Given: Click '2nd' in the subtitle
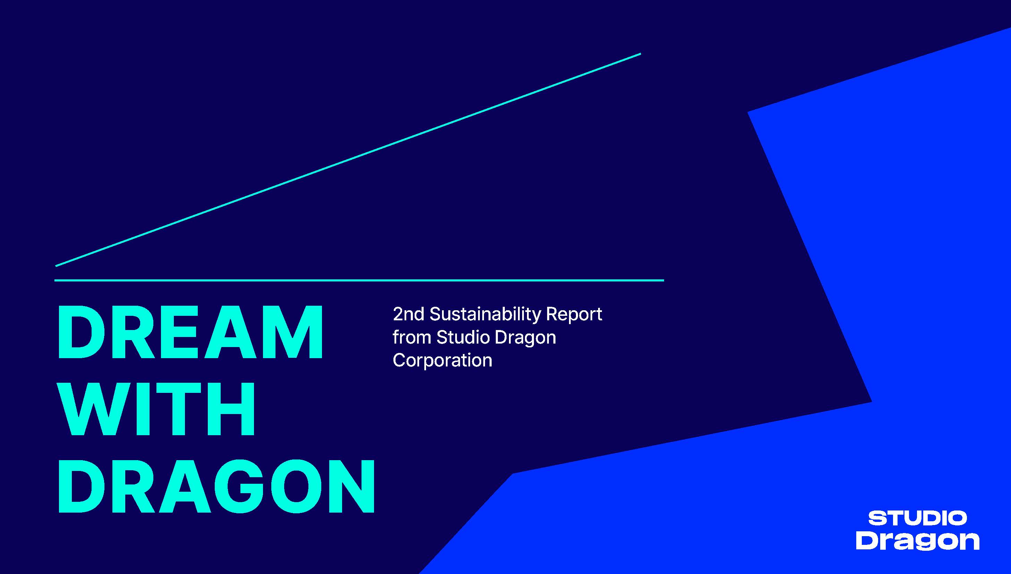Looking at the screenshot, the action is point(409,314).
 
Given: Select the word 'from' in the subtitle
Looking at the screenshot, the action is point(412,337).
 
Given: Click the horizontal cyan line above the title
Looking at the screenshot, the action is point(359,280).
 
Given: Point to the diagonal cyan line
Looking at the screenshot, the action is point(348,160).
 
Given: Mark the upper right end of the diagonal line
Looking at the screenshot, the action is point(641,53).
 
